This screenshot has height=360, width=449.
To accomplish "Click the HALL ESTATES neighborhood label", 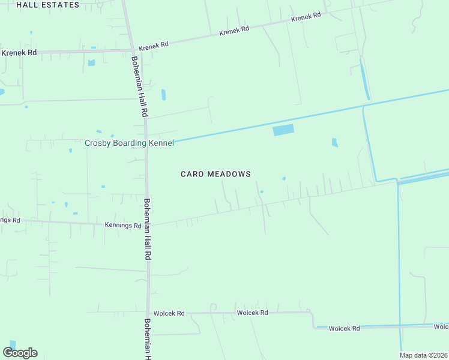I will pyautogui.click(x=47, y=5).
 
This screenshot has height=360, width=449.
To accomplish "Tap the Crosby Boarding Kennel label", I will pyautogui.click(x=129, y=143).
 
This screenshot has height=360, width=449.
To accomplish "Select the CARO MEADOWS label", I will pyautogui.click(x=215, y=174).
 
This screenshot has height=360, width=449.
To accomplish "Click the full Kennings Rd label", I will pyautogui.click(x=123, y=226).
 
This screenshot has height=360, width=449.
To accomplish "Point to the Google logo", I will pyautogui.click(x=20, y=352).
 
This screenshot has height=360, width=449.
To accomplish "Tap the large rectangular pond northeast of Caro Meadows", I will pyautogui.click(x=284, y=130).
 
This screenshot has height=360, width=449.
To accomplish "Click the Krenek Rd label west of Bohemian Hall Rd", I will pyautogui.click(x=19, y=53).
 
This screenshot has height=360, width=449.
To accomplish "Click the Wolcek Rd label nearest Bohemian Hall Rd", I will pyautogui.click(x=169, y=313).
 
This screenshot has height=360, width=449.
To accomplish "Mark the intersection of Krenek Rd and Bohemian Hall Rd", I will pyautogui.click(x=133, y=50).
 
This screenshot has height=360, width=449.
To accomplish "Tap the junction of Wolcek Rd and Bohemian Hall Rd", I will pyautogui.click(x=148, y=313).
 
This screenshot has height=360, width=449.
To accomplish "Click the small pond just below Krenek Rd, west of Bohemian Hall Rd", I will pyautogui.click(x=91, y=62).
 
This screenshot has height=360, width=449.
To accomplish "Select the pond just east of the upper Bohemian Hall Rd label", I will pyautogui.click(x=163, y=95).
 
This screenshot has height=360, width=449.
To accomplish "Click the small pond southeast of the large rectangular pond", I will pyautogui.click(x=335, y=143).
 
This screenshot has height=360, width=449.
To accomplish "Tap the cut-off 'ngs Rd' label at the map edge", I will pyautogui.click(x=10, y=220).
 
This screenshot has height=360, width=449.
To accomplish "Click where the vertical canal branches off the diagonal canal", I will pyautogui.click(x=363, y=107).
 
